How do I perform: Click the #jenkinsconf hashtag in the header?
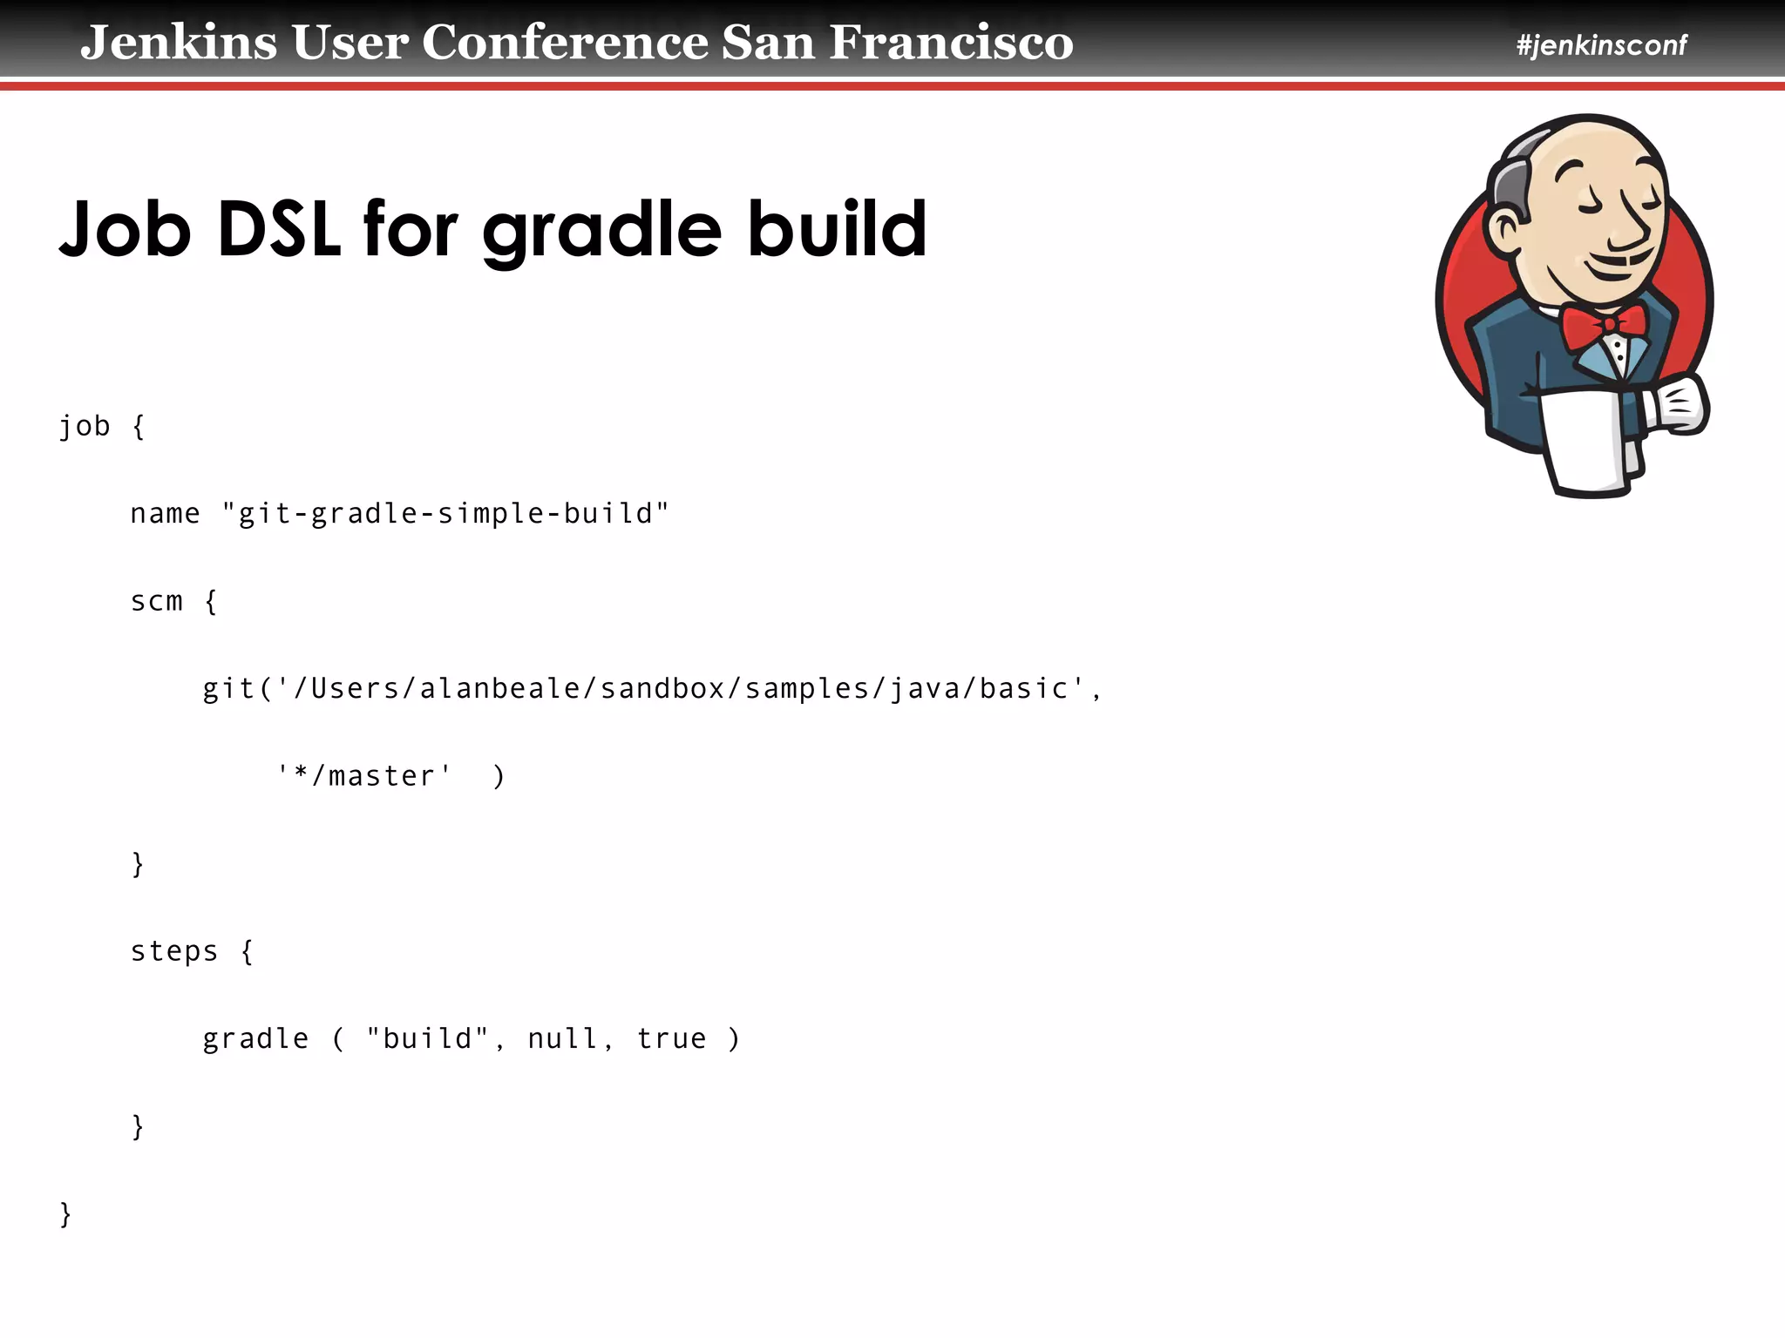[x=1601, y=45]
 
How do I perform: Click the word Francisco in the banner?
[x=951, y=43]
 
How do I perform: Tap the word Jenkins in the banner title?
[x=179, y=43]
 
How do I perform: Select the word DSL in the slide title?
[x=278, y=229]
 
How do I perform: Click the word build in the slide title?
[x=837, y=229]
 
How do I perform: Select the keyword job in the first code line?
[x=85, y=427]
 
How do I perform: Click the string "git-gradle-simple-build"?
[x=445, y=513]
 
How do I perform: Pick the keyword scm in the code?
[x=157, y=601]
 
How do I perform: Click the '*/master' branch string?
[x=364, y=775]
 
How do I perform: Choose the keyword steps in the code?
[x=174, y=951]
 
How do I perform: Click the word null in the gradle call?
[x=562, y=1038]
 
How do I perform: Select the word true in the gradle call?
[x=671, y=1038]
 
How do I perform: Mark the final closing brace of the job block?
[x=65, y=1213]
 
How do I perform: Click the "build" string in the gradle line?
[x=427, y=1038]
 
